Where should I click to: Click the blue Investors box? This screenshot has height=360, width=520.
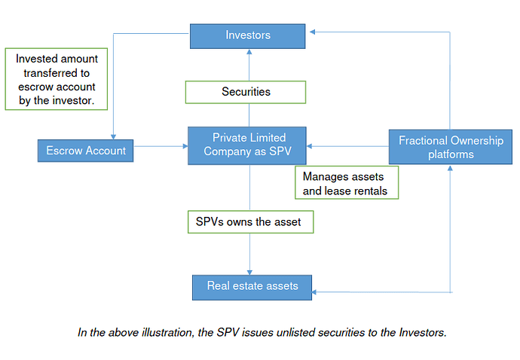[x=248, y=36]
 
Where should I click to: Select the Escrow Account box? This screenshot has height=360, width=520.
[x=86, y=151]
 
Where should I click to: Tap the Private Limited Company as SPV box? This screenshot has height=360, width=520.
[x=247, y=145]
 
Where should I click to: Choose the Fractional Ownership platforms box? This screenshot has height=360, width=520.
[x=451, y=147]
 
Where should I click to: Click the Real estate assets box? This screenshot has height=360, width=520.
[x=252, y=288]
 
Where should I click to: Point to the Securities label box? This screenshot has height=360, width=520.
[x=246, y=92]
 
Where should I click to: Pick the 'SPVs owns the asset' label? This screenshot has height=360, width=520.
[x=251, y=221]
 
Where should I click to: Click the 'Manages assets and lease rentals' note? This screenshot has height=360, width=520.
[x=347, y=183]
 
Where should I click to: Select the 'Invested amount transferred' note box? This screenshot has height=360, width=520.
[x=57, y=79]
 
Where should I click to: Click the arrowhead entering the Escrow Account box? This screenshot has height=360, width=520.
[x=113, y=137]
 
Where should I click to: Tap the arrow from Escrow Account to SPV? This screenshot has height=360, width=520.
[x=161, y=146]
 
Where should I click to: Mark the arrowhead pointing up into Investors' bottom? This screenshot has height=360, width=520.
[x=249, y=52]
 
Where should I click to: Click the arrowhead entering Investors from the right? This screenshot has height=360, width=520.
[x=312, y=32]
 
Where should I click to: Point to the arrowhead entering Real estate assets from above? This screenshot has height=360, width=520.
[x=249, y=272]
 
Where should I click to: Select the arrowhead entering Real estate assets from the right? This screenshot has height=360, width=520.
[x=314, y=292]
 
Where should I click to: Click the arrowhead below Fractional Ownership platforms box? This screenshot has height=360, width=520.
[x=450, y=168]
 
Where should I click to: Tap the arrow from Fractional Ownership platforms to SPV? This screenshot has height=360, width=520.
[x=347, y=146]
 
